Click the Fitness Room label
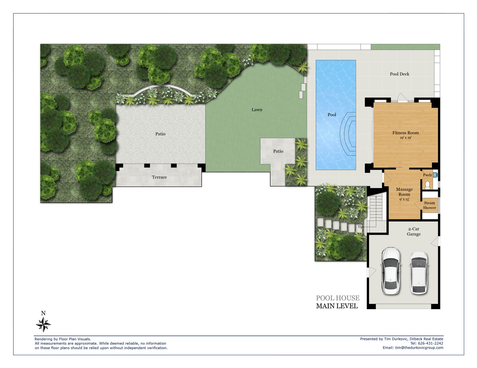[405, 133]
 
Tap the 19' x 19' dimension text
[405, 138]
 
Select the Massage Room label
[404, 192]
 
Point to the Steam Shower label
[429, 205]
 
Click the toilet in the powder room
[427, 185]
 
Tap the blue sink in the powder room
[435, 175]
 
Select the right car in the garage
[419, 272]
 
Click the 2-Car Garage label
[414, 232]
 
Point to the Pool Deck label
[400, 74]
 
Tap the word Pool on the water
[332, 115]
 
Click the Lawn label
[257, 110]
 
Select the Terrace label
[159, 177]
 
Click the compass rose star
[44, 324]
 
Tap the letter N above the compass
[43, 313]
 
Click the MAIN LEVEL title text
[337, 306]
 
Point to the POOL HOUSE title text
[338, 298]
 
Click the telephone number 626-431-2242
[430, 343]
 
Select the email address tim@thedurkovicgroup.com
[419, 348]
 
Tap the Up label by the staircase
[360, 227]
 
